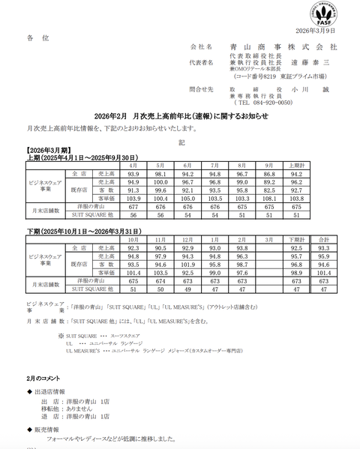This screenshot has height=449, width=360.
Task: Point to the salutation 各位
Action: pyautogui.click(x=37, y=37)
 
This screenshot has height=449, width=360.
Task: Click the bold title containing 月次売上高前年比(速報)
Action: pyautogui.click(x=179, y=117)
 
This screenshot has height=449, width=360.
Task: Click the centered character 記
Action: pyautogui.click(x=180, y=141)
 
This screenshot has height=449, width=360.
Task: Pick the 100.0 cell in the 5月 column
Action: pyautogui.click(x=160, y=181)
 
